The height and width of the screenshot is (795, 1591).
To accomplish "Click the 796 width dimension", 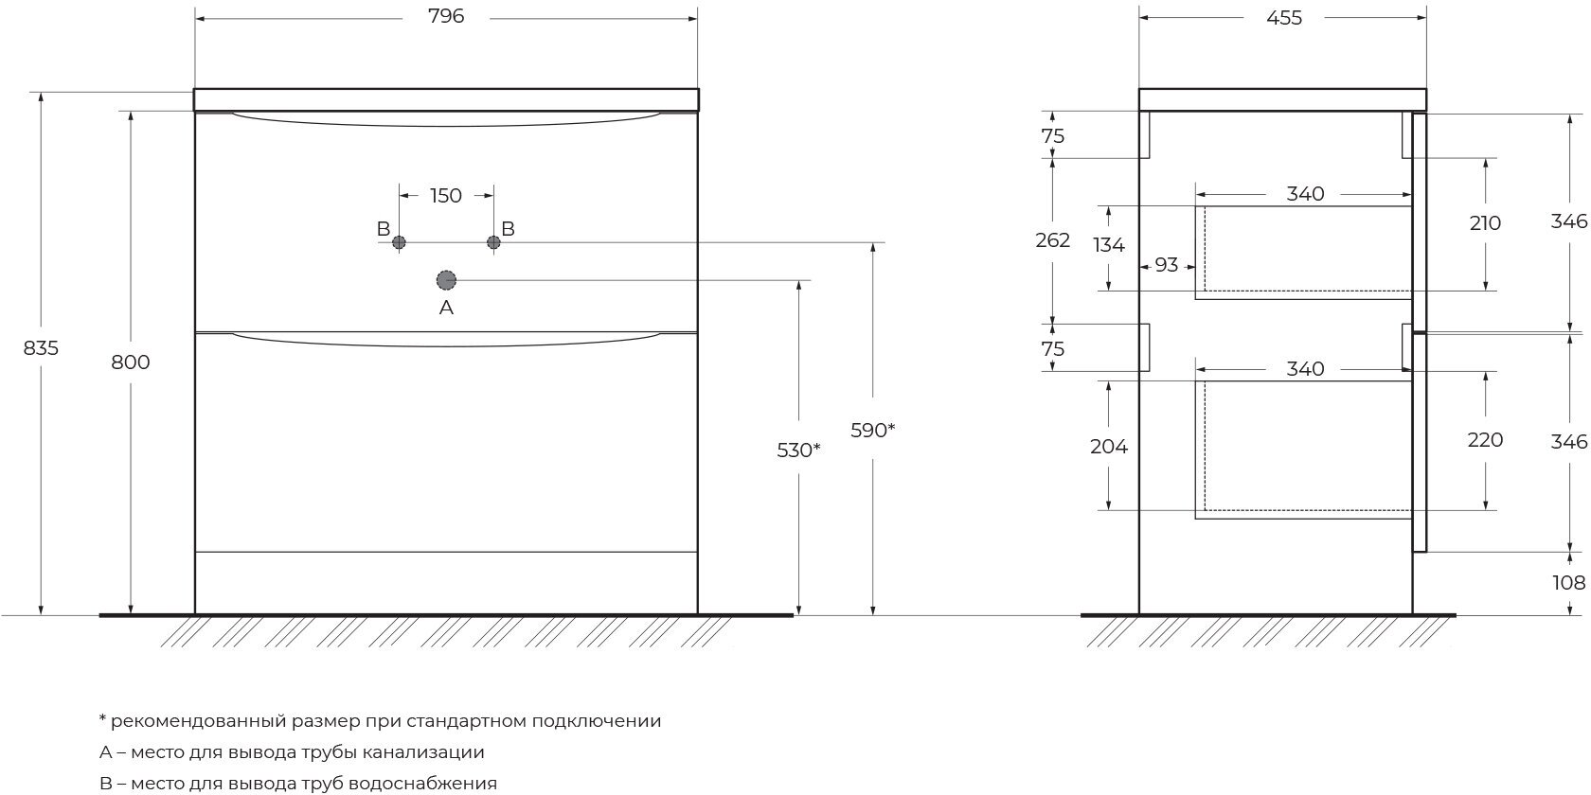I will point(446,17).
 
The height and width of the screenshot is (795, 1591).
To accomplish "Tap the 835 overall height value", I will point(42,348).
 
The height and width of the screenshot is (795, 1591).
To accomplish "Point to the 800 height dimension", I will point(131,362).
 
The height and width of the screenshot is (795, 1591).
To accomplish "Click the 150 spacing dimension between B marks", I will point(446,196).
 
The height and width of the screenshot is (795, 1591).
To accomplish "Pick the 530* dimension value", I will point(798,450).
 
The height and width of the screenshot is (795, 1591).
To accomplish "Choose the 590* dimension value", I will point(872,431).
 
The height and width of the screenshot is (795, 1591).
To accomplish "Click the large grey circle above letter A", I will point(446,279).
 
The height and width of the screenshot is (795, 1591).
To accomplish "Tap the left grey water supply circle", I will point(399,242).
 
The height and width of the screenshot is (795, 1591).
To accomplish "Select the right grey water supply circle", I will point(493,242).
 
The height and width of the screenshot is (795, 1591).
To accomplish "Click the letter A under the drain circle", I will point(446,308).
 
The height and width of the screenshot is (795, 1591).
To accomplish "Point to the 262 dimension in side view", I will point(1053,240).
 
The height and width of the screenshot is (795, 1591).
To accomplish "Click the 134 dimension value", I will point(1108,245).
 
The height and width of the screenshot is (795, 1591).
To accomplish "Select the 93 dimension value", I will point(1167,265).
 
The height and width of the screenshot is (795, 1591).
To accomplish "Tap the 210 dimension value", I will point(1485,223).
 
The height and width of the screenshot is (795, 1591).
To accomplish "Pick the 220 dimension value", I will point(1485,440).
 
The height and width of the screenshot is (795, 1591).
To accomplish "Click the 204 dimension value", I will point(1108,447).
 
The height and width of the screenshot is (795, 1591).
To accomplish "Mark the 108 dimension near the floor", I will point(1569,583).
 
